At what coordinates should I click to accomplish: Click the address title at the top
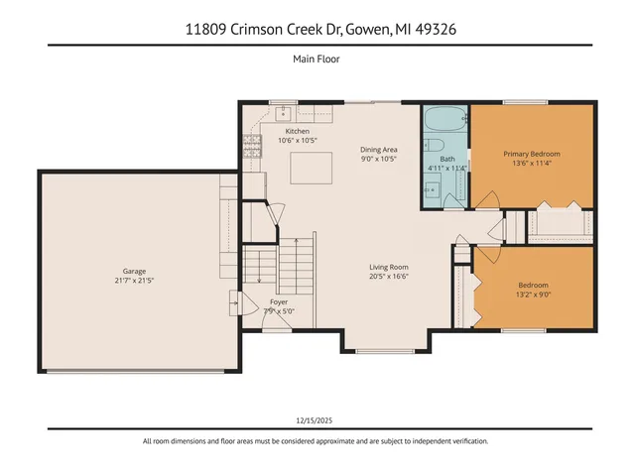pos(317,29)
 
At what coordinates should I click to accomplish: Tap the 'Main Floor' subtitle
pos(317,59)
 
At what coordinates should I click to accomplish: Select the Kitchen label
pos(298,131)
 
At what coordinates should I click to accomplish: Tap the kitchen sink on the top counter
pos(283,110)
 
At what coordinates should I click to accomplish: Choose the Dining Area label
pos(378,150)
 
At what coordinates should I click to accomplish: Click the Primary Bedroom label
pos(532,154)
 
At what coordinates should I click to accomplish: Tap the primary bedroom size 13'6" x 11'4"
pos(532,165)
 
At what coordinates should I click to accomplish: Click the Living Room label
pos(389,267)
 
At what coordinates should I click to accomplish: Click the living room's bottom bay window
pos(386,351)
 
